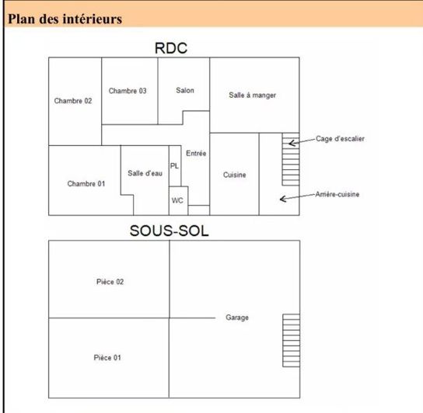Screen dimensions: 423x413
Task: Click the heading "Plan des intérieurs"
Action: point(65,19)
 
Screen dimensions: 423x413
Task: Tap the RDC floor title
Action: point(171,48)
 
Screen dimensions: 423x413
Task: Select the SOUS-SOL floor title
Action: point(170,231)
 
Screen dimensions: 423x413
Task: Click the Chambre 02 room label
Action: point(73,101)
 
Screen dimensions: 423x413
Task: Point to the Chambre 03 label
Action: point(128,91)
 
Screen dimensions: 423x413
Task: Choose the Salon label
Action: point(185,90)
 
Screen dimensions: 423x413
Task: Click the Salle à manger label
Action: point(253,95)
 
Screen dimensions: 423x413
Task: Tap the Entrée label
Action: point(196,153)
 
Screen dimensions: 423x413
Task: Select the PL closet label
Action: point(174,166)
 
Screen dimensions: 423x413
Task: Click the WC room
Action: point(178,201)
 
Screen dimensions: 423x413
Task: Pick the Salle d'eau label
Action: point(145,173)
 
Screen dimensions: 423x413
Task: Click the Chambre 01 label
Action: point(86,184)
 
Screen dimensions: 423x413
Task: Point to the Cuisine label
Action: point(235,175)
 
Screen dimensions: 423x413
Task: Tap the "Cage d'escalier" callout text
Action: point(340,139)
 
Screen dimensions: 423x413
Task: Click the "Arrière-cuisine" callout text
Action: point(337,194)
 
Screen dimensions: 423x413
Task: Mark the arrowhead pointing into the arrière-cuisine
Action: point(283,199)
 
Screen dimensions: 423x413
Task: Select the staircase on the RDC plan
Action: point(291,159)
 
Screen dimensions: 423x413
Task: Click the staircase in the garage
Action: point(292,341)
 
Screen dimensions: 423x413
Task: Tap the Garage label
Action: point(237,318)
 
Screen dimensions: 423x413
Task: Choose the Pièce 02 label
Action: point(110,282)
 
